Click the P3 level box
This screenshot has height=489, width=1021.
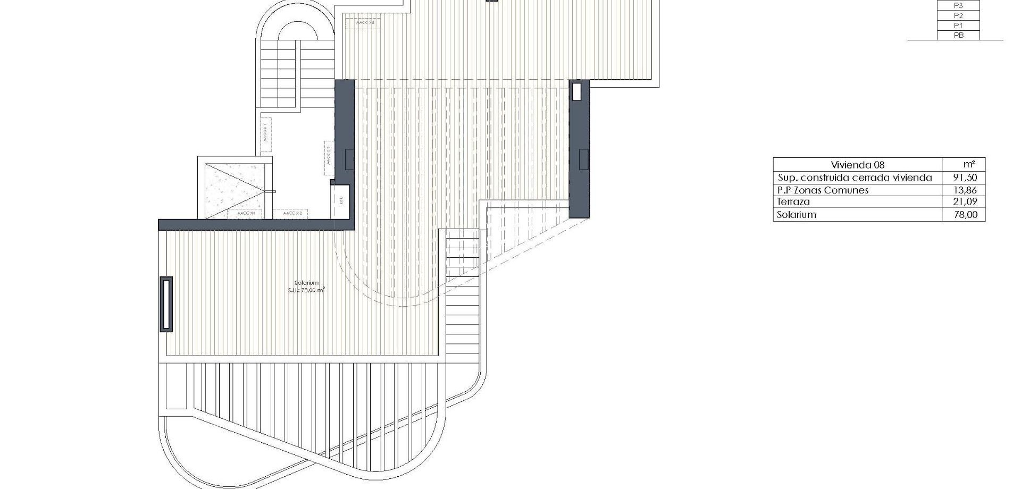(x=958, y=6)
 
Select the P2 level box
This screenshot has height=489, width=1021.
(x=958, y=16)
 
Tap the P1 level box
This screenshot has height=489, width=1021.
(x=958, y=26)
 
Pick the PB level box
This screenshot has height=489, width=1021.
(x=958, y=36)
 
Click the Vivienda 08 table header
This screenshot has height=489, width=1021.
(x=857, y=165)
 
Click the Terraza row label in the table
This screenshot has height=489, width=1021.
(x=793, y=202)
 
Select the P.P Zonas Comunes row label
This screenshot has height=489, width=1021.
(x=823, y=190)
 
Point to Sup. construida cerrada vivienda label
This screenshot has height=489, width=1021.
(x=855, y=178)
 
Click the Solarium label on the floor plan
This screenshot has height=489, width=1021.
(x=306, y=283)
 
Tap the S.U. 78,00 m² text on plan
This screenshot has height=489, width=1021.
(x=306, y=290)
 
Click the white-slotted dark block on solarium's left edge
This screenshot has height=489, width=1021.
(x=166, y=304)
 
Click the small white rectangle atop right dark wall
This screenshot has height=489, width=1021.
(x=578, y=92)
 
